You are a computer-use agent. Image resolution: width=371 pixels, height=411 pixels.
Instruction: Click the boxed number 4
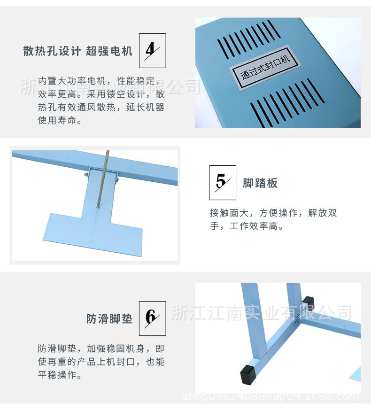(x=152, y=51)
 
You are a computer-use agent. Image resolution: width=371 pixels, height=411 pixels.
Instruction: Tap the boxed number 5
(x=222, y=182)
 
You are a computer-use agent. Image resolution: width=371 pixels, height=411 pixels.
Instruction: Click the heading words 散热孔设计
(x=52, y=51)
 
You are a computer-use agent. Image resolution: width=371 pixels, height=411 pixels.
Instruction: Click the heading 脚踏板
(x=260, y=183)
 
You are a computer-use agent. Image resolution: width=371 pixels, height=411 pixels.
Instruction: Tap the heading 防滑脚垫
(x=109, y=319)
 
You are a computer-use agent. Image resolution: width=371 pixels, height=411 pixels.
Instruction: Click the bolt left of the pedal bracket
(x=86, y=175)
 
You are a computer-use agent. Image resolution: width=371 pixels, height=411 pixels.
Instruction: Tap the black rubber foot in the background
(x=308, y=301)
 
